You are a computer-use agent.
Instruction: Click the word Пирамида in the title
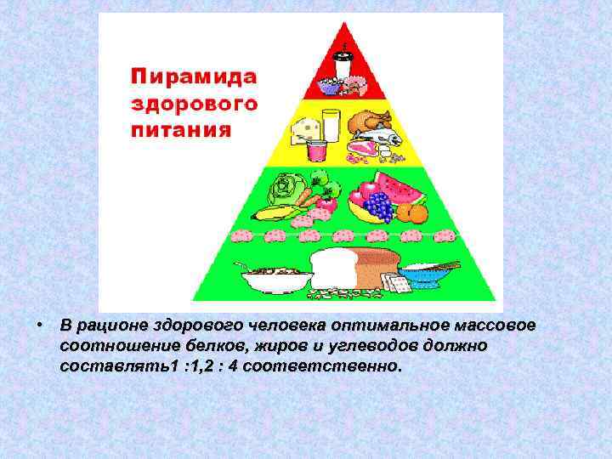(x=193, y=74)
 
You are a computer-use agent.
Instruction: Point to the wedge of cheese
(x=303, y=127)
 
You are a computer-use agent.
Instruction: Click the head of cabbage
(x=281, y=188)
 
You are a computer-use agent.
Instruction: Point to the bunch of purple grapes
(x=378, y=206)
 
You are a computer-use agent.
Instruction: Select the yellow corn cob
(x=276, y=212)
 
